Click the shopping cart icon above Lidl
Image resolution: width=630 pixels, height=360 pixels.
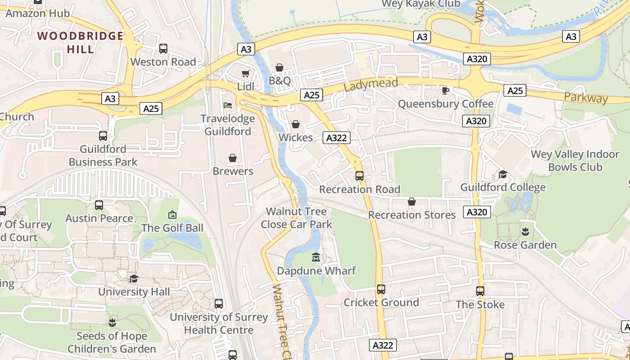tap(245, 73)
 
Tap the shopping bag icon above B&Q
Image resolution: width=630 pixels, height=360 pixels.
tap(279, 68)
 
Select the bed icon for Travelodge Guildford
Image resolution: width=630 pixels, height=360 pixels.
tap(228, 105)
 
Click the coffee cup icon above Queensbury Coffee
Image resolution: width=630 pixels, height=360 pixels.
tap(445, 91)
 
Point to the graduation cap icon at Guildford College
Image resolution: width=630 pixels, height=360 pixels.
tap(503, 174)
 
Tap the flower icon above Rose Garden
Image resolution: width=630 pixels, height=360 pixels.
tap(525, 232)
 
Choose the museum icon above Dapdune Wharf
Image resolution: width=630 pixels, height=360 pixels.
tap(316, 258)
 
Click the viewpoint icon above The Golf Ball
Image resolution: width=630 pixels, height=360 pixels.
tap(172, 215)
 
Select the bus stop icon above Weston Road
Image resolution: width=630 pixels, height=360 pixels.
tap(163, 49)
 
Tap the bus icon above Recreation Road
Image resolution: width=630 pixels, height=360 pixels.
tap(359, 176)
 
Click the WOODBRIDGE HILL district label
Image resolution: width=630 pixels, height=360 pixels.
tap(81, 42)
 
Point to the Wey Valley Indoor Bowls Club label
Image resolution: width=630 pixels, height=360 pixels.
tap(575, 161)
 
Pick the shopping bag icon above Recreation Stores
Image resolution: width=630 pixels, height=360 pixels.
tap(412, 202)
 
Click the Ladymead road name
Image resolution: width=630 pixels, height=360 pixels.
tap(371, 84)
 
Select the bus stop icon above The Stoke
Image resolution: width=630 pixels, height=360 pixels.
tap(480, 291)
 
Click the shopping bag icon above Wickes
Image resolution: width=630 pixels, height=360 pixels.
tap(296, 124)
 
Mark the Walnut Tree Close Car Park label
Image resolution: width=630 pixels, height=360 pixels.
tap(296, 218)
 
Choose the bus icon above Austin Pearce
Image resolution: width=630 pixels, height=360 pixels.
tap(99, 205)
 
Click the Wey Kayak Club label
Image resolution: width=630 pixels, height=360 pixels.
tap(421, 4)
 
